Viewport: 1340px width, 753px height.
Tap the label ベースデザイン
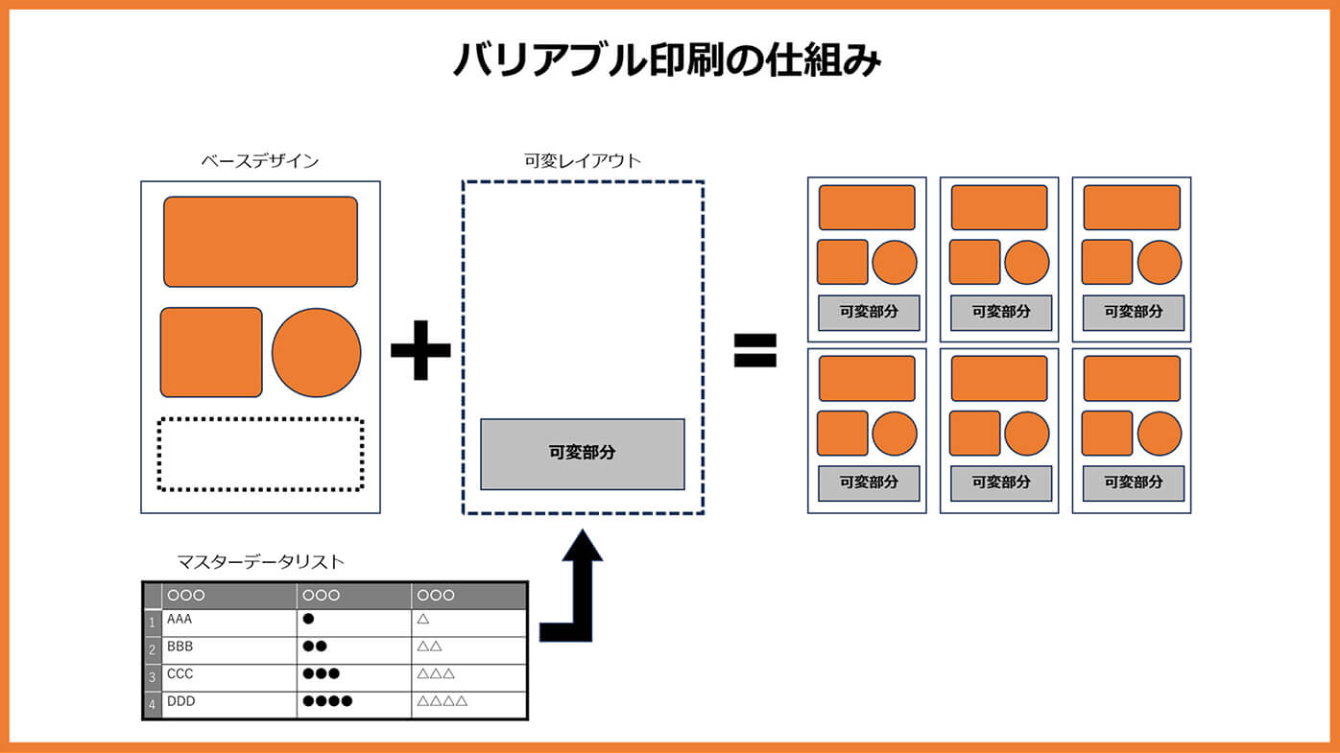(x=259, y=161)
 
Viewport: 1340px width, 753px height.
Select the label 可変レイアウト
(x=583, y=161)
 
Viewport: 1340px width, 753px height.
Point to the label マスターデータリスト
(x=260, y=562)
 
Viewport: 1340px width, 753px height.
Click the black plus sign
(x=420, y=349)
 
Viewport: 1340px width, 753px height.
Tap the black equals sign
(x=754, y=350)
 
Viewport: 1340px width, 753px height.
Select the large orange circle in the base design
(x=316, y=352)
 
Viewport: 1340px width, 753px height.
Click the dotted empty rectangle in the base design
(x=260, y=454)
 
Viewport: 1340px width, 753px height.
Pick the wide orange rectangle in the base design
(x=260, y=242)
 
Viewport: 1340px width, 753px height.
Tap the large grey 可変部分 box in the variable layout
(x=583, y=454)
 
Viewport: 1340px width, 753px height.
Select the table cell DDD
(x=228, y=703)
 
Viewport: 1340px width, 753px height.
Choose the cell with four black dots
(x=353, y=703)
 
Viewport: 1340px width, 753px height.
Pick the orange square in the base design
(x=211, y=352)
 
